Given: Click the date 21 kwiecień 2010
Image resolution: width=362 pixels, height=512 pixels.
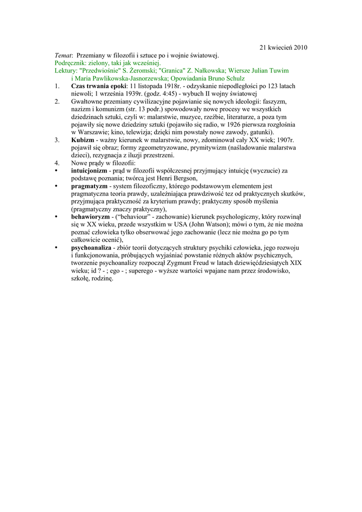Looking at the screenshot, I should coord(283,47).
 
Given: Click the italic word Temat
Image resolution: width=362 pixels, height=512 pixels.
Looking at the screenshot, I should coord(63,55).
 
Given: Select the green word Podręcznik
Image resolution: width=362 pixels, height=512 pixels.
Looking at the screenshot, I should coord(69,63).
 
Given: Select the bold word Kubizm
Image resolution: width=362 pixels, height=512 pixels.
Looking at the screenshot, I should coord(82,139).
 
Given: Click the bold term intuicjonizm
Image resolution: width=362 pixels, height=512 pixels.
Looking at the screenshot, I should coord(89,170).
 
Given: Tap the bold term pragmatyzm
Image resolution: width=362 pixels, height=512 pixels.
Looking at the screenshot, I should coord(89,186).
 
